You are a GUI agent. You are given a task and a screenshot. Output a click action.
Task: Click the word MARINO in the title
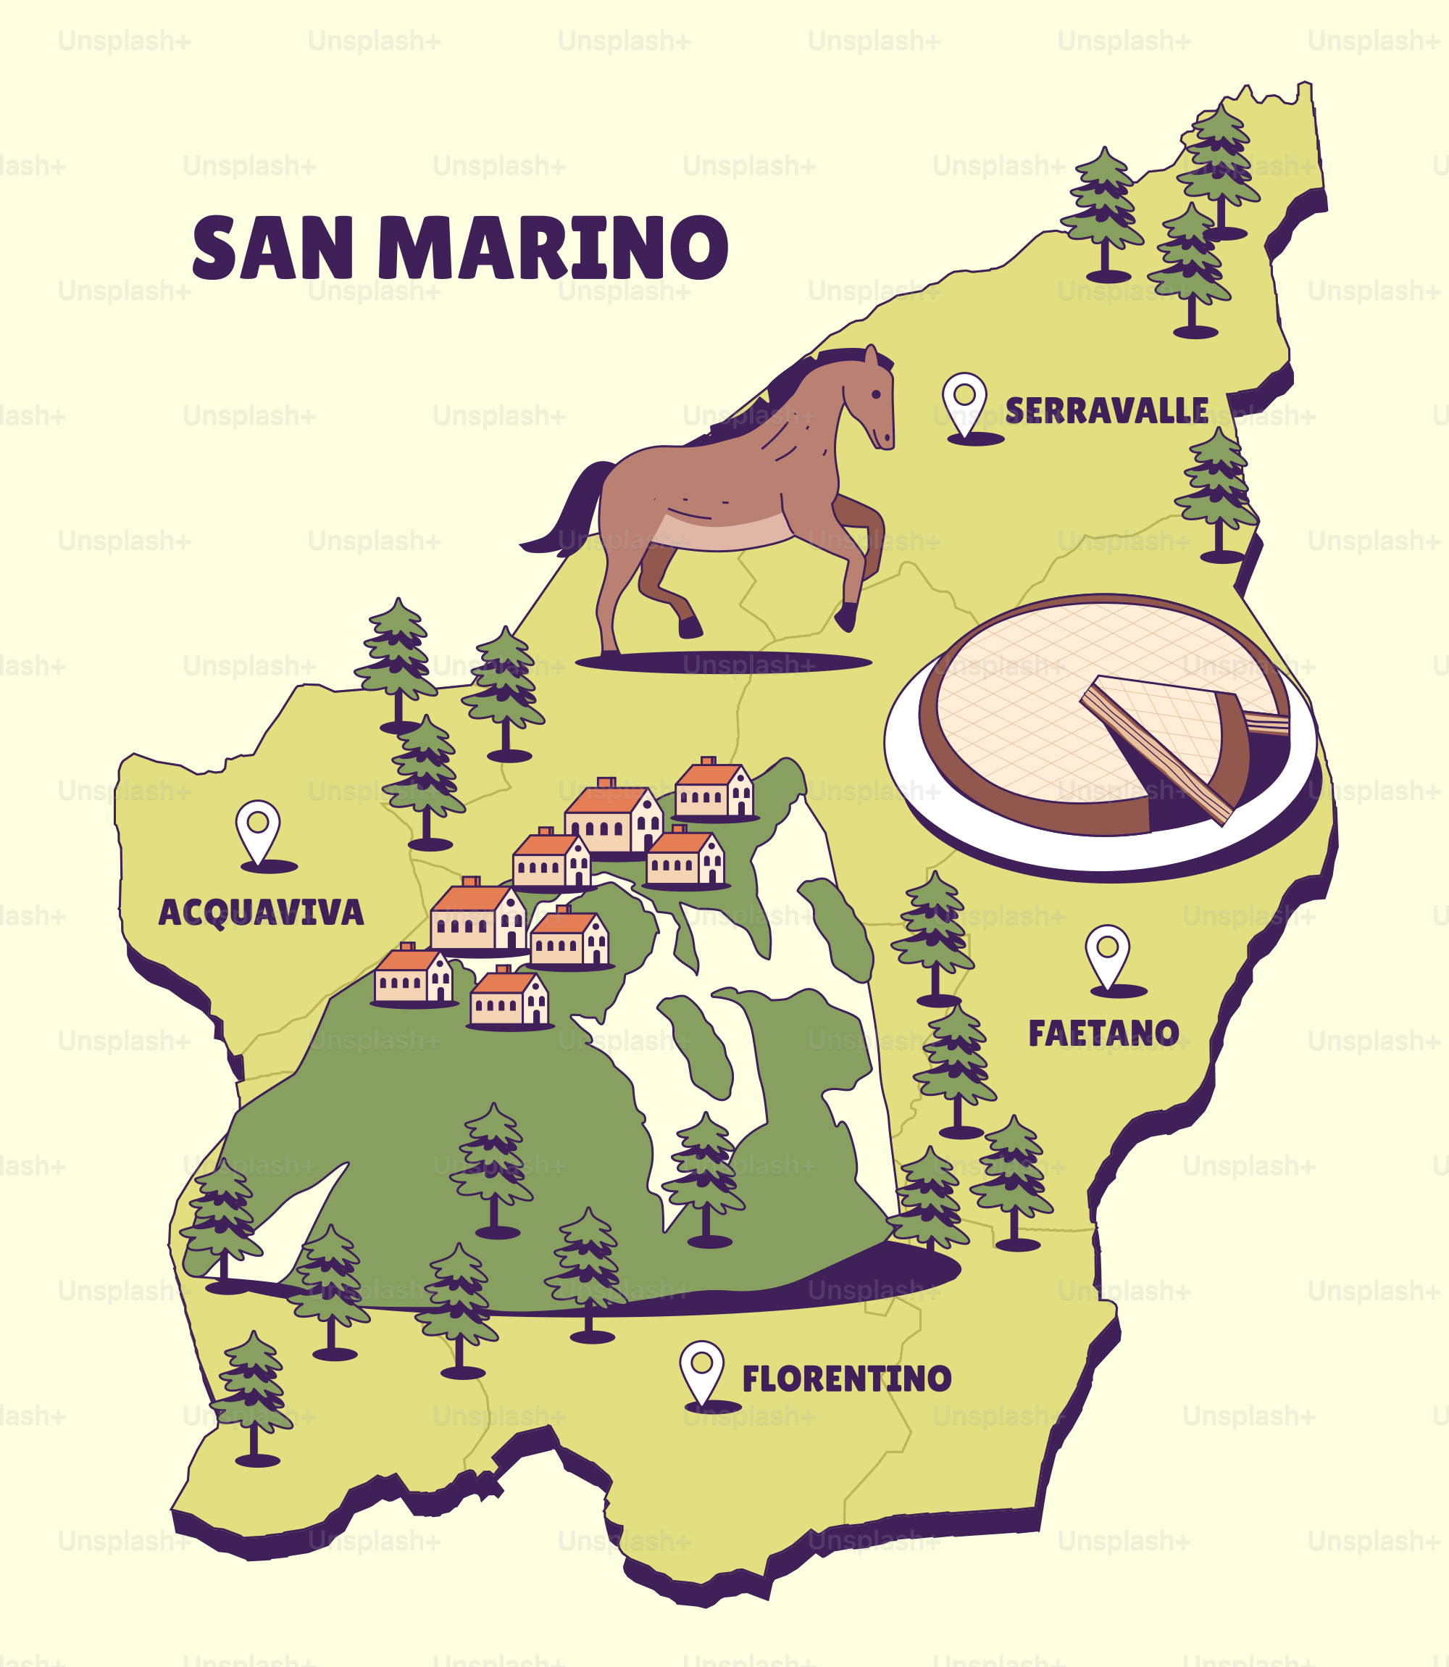(552, 249)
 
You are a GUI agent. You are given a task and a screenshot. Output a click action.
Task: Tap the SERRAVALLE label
(1106, 411)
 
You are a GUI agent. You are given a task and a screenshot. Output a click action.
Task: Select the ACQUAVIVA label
(260, 913)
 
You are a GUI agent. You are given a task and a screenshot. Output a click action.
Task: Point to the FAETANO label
(1103, 1033)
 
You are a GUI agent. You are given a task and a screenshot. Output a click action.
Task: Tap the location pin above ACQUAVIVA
(258, 829)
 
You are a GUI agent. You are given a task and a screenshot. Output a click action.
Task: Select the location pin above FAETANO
(1107, 954)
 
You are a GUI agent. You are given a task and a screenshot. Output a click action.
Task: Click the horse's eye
(877, 394)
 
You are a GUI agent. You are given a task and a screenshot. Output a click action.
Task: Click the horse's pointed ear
(871, 356)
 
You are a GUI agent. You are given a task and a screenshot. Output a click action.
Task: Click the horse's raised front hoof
(845, 619)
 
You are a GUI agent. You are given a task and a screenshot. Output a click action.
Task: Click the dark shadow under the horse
(724, 662)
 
